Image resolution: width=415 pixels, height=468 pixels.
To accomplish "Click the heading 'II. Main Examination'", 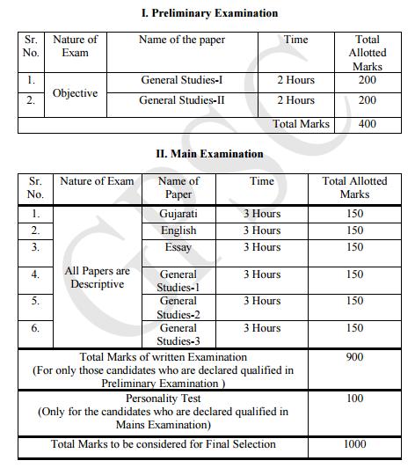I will tap(209, 154).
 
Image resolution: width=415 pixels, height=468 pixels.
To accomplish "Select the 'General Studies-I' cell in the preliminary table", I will tap(181, 81).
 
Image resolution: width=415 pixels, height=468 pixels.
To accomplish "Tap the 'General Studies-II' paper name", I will tap(181, 100).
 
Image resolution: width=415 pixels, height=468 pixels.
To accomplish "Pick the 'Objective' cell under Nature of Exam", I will tap(75, 92).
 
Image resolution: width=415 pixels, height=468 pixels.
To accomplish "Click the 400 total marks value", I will tap(367, 124).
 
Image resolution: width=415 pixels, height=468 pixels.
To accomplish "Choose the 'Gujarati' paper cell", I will tap(178, 214).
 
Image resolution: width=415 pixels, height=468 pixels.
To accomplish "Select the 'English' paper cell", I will tap(178, 230).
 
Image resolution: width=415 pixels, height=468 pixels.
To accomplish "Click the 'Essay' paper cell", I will tap(178, 247).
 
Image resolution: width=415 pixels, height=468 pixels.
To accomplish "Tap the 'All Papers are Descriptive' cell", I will tap(97, 277).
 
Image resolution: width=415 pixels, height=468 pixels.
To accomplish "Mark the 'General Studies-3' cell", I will tap(178, 334).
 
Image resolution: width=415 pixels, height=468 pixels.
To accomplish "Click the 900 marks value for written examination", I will tap(354, 358).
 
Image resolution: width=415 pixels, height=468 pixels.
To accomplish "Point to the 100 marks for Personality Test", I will tap(354, 399).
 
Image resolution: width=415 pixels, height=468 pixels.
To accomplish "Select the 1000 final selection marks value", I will tap(354, 445).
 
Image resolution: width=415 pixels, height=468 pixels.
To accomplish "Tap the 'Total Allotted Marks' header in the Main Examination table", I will tap(354, 187).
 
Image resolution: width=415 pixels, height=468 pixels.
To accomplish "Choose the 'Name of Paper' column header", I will tap(178, 187).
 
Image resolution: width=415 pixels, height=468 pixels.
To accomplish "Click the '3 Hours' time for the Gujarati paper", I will tap(262, 214).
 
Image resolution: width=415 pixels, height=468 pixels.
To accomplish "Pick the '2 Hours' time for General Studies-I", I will tap(295, 81).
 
